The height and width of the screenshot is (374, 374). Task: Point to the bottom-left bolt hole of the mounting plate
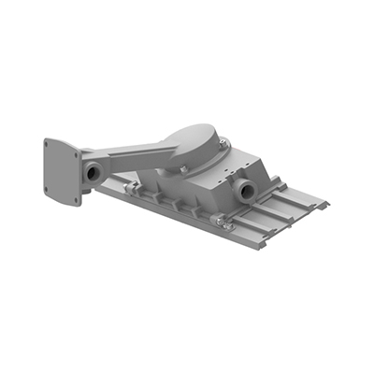pyautogui.click(x=50, y=191)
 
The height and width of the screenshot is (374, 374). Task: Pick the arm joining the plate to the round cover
pyautogui.click(x=131, y=153)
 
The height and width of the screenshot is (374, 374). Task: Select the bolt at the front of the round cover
pyautogui.click(x=186, y=169)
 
